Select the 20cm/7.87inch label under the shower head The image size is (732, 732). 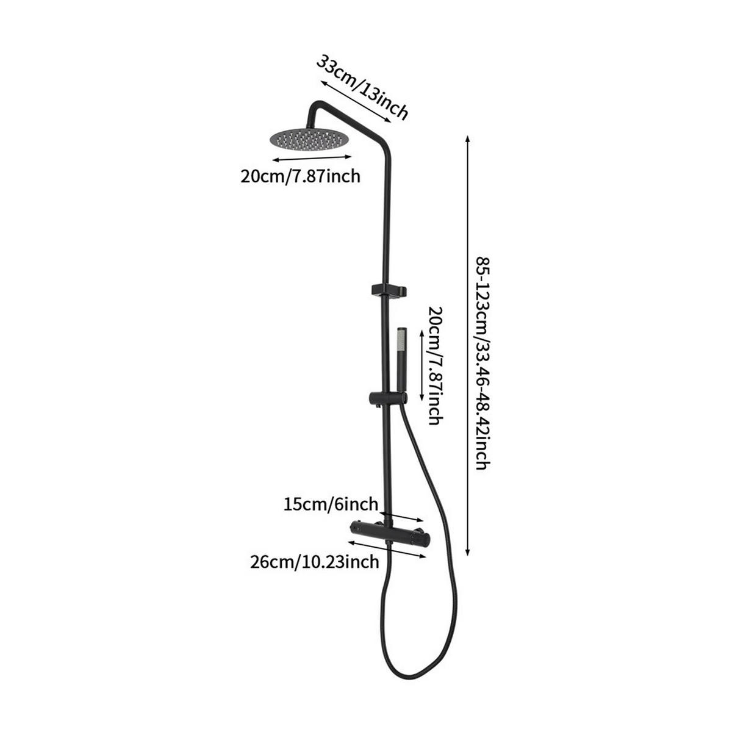coord(300,176)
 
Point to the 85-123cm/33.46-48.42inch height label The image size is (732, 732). coord(484,364)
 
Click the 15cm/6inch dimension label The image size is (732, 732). coord(331,504)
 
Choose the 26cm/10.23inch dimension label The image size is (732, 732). coord(315,561)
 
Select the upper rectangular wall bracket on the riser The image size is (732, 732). coord(389,290)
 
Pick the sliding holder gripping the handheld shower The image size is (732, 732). coord(387,398)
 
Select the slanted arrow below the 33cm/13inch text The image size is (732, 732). coord(355,101)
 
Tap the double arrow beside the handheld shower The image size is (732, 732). coord(422,365)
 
